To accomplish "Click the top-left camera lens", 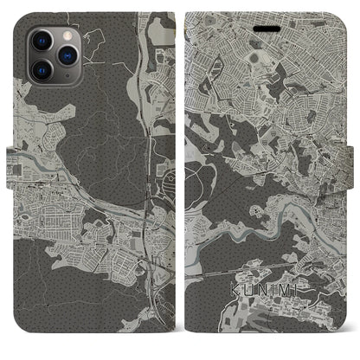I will point(40,41).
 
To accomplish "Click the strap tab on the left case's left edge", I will point(11,162).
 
